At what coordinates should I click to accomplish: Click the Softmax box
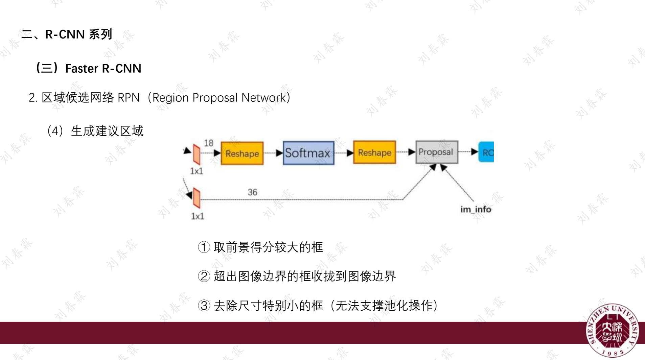308,153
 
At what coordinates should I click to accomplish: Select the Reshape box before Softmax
242,153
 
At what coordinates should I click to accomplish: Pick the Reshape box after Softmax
374,152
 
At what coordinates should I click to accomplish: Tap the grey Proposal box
436,152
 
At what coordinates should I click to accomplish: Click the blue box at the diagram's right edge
486,152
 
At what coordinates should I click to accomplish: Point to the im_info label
476,210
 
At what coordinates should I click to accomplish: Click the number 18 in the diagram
209,143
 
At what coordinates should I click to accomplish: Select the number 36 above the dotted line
252,192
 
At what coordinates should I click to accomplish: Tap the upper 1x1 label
197,171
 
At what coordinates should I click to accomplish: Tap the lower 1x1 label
198,216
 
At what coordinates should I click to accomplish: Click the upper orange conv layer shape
197,154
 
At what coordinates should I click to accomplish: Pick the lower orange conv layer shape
197,198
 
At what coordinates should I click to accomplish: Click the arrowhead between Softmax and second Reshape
350,153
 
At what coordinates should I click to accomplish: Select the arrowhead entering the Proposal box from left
412,152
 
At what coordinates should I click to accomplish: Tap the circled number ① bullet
204,247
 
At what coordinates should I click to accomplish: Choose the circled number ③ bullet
204,306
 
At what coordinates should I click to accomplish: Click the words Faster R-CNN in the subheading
103,69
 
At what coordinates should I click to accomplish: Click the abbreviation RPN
129,98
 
